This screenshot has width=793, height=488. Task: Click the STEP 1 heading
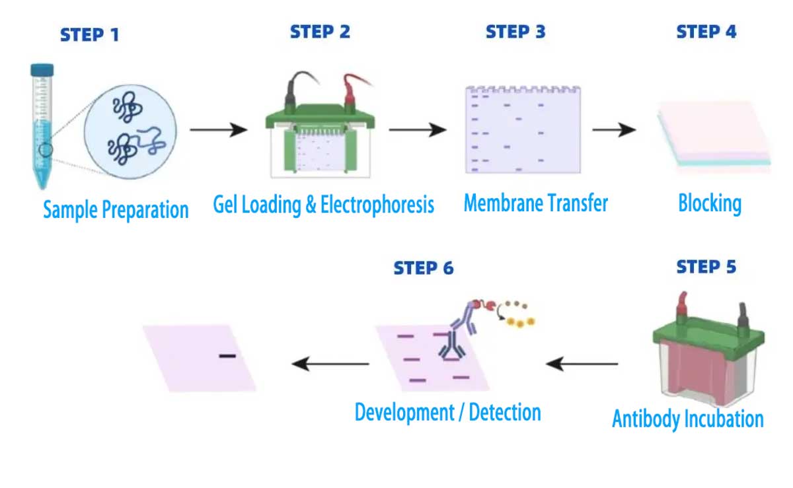coord(89,34)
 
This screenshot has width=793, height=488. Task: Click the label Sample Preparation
coord(116,210)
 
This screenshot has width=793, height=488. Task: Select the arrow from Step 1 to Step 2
coord(218,130)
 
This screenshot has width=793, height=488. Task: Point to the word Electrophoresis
coord(377,205)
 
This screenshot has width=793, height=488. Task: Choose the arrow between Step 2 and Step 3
coord(417,130)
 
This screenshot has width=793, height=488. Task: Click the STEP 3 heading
coord(515,32)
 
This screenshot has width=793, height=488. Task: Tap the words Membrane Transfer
coord(535,203)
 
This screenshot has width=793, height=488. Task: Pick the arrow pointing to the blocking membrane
coord(614,130)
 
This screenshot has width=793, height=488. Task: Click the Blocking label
coord(710,203)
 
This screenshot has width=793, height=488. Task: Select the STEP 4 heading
coord(706,32)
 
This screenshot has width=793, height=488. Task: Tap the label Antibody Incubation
coord(687,419)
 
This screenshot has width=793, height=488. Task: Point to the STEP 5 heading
coord(706,267)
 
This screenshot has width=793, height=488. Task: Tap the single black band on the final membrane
coord(227,357)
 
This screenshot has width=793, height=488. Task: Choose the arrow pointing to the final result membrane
coord(330,363)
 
